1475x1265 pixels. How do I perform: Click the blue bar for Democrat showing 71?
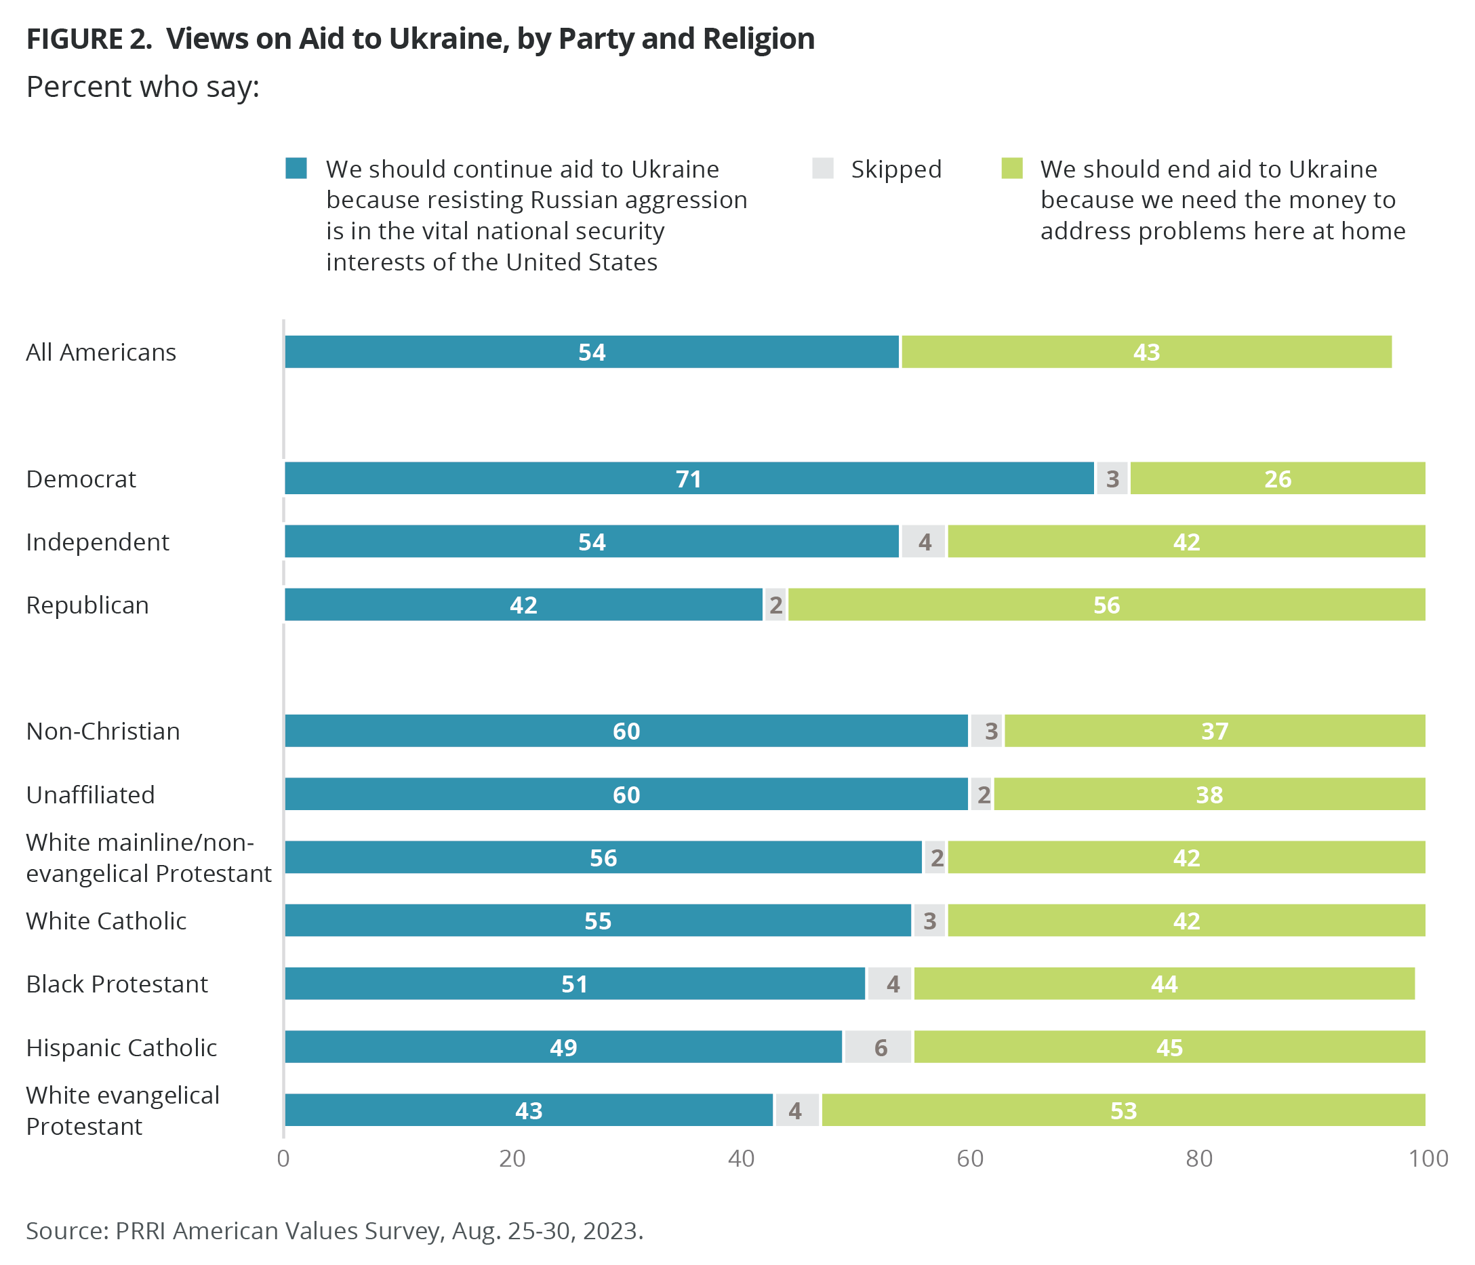(689, 479)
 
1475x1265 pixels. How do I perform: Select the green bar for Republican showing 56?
(1106, 605)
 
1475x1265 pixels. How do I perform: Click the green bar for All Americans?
(1146, 352)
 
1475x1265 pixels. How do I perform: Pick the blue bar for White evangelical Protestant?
(528, 1110)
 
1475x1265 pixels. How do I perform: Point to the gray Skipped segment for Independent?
(923, 542)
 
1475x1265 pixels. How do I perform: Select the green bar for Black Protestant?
(1164, 984)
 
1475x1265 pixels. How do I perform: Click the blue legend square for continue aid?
(296, 169)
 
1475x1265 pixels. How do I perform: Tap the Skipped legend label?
(895, 169)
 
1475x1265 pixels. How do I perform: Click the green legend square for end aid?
(1011, 169)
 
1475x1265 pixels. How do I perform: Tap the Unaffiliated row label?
(90, 795)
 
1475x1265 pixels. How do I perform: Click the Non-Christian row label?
(103, 731)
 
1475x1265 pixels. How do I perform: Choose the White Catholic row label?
(106, 921)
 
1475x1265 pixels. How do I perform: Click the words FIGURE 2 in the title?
(89, 39)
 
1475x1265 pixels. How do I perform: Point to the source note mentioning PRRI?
(335, 1231)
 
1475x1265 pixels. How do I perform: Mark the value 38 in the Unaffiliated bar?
(1209, 795)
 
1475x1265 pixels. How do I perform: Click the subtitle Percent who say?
(142, 87)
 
